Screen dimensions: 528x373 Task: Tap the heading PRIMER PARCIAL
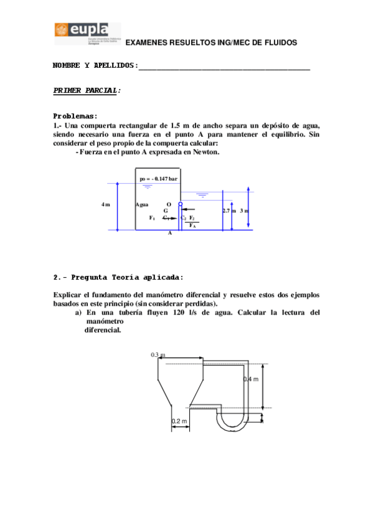pos(87,90)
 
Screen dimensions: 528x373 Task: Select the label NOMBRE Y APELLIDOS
pos(93,65)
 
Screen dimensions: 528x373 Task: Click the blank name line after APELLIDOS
pos(224,67)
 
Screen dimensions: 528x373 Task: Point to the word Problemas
pos(75,116)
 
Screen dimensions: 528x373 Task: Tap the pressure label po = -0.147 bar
pos(158,179)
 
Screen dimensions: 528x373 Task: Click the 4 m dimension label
pos(106,204)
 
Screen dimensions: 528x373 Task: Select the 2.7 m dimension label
pos(229,211)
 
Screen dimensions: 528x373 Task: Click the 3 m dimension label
pos(244,211)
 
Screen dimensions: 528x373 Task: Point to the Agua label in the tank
pos(142,204)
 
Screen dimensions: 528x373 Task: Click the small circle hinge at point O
pos(181,204)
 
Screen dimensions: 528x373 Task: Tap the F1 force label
pos(152,218)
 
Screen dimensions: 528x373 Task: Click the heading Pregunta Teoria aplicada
pos(118,277)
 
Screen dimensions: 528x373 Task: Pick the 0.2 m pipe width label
pos(179,422)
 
